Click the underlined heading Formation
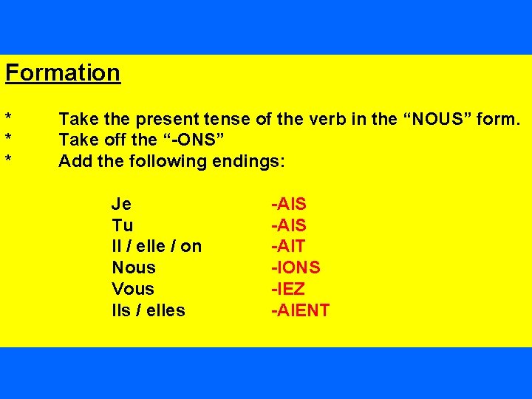coord(63,73)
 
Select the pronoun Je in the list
coord(122,204)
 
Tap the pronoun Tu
coord(123,225)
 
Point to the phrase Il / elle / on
coord(157,246)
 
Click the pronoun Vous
coord(133,289)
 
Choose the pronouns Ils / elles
coord(149,310)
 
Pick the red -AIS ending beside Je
coord(289,204)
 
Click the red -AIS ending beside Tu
coord(289,225)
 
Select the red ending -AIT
coord(288,246)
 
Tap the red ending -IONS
coord(296,267)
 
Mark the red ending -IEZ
coord(288,289)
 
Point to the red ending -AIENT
coord(301,310)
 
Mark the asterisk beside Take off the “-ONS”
coord(8,140)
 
